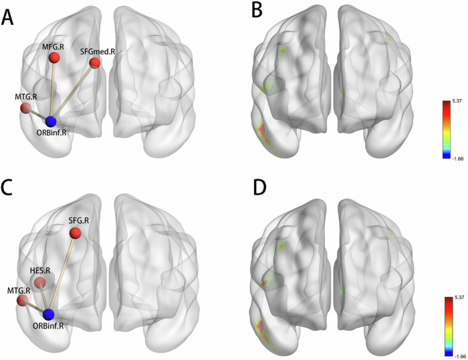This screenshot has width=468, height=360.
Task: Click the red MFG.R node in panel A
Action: click(x=54, y=58)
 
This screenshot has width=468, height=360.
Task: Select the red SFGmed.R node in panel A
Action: click(x=95, y=63)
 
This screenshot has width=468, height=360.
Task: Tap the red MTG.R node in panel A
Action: click(x=25, y=108)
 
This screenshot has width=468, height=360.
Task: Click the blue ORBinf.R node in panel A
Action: click(x=51, y=121)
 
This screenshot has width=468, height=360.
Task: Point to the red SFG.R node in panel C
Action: click(x=76, y=233)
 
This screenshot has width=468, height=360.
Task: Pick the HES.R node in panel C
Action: click(x=41, y=283)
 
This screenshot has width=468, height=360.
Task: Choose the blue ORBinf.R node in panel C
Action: click(x=48, y=314)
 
